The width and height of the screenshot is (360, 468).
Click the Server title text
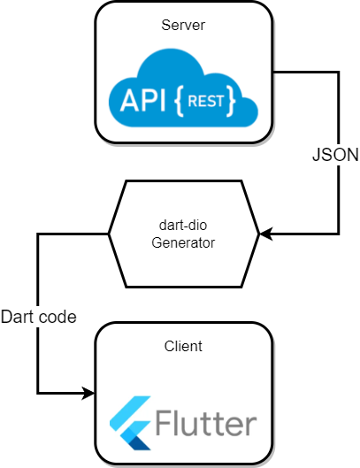(184, 26)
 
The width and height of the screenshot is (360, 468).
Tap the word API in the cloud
(139, 99)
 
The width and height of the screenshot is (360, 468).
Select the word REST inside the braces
(206, 99)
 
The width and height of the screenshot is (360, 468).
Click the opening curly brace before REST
(180, 100)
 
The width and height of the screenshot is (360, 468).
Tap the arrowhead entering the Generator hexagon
(265, 234)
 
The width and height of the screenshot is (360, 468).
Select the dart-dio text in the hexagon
(184, 225)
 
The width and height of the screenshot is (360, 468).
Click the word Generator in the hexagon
(184, 242)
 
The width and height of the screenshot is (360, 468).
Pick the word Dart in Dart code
(19, 316)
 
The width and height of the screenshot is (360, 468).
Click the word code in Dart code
(59, 316)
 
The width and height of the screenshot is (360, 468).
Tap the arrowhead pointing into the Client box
(88, 393)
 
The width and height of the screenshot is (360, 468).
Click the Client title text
(184, 346)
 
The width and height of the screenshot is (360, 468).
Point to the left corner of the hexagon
(109, 234)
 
